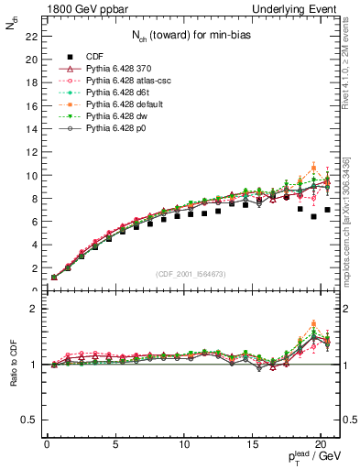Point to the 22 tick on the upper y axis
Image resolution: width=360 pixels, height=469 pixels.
point(32,37)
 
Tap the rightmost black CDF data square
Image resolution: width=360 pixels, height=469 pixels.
point(327,210)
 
